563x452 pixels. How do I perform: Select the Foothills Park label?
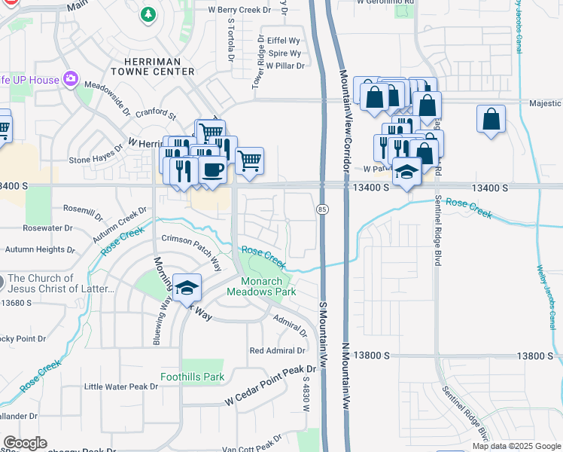193,377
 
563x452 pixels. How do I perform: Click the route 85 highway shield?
321,208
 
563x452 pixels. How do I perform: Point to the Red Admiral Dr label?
278,350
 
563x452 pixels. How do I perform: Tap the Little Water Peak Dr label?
121,386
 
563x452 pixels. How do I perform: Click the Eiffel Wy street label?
284,41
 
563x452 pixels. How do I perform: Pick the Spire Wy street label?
285,53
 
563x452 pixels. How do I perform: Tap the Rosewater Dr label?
47,227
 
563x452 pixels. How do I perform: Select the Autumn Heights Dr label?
40,249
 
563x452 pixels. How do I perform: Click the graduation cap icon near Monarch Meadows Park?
186,288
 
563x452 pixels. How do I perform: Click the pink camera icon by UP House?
72,78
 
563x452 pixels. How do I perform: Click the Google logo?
25,443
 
